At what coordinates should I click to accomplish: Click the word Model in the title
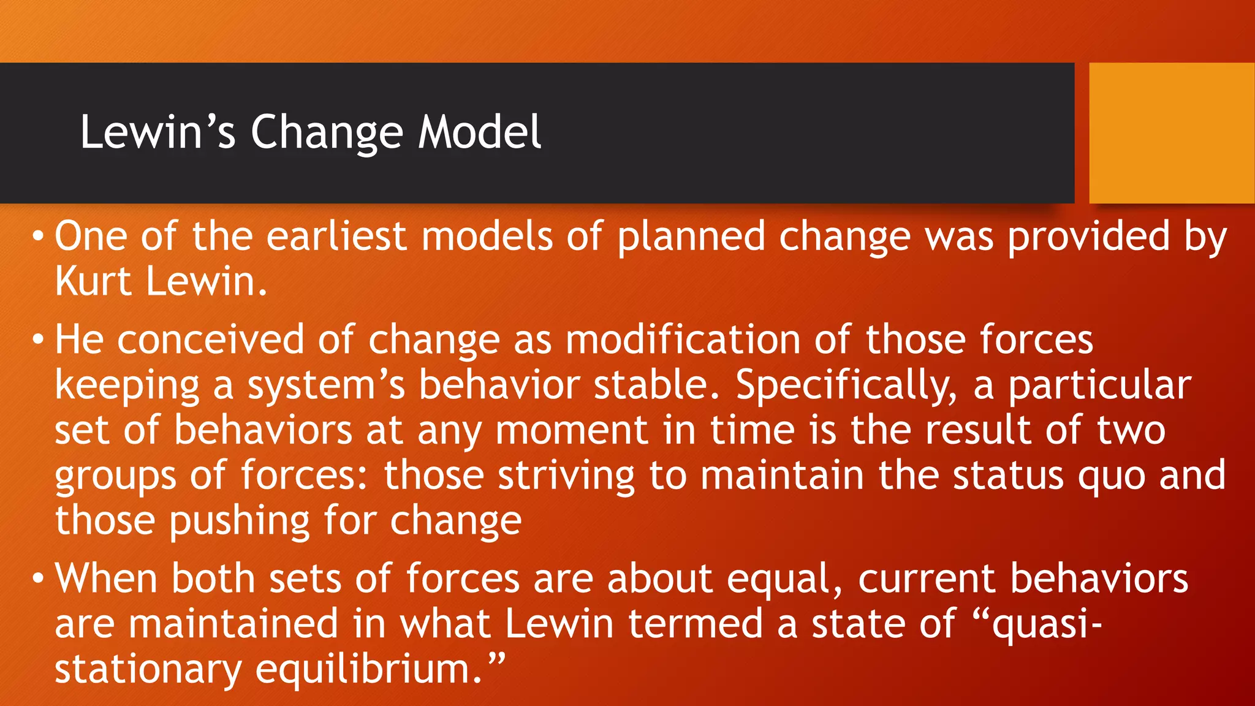click(x=480, y=132)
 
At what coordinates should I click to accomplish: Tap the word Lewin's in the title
click(x=157, y=132)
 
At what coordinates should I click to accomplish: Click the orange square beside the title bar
click(x=1172, y=132)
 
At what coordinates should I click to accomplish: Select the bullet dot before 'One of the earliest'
click(x=38, y=236)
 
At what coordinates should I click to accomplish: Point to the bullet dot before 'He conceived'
click(x=38, y=339)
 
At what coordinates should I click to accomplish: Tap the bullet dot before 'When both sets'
click(x=38, y=578)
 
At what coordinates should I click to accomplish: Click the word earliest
click(x=336, y=236)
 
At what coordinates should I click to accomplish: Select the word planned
click(x=691, y=237)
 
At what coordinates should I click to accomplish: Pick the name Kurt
click(x=93, y=281)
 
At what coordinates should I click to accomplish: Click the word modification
click(x=682, y=339)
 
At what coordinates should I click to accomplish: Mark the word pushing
click(x=239, y=522)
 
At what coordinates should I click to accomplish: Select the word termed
click(x=696, y=623)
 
